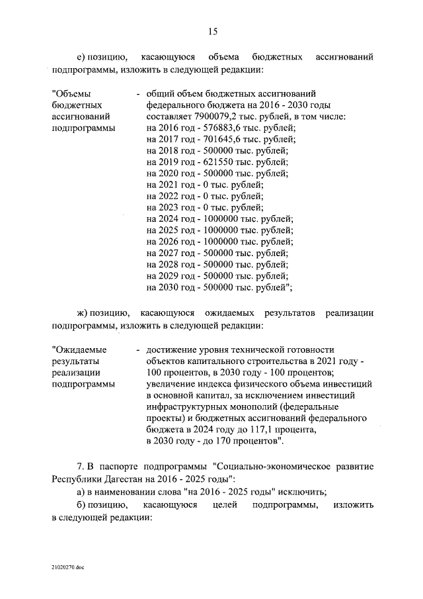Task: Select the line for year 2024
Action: pyautogui.click(x=219, y=220)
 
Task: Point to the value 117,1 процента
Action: pyautogui.click(x=265, y=430)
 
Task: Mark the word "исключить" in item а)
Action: pyautogui.click(x=298, y=490)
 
